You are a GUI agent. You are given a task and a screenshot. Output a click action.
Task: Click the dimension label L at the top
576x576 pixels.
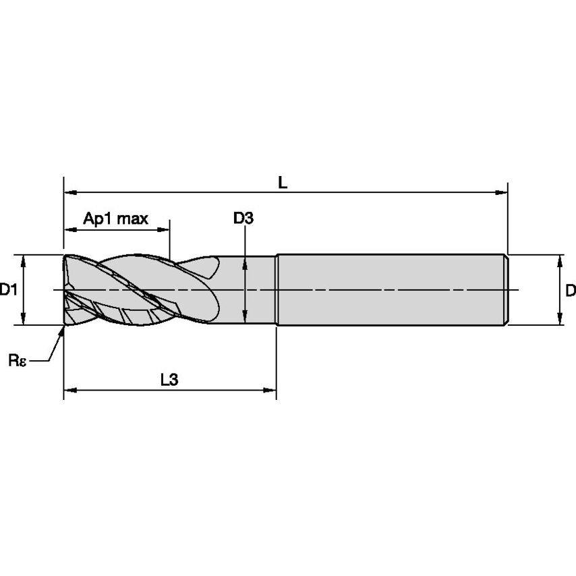pyautogui.click(x=283, y=182)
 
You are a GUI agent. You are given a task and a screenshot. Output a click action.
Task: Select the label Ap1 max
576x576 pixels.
pyautogui.click(x=115, y=219)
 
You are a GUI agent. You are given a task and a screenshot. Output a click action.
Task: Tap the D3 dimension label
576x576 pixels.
pyautogui.click(x=243, y=218)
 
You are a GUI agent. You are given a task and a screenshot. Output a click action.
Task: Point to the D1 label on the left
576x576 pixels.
pyautogui.click(x=8, y=290)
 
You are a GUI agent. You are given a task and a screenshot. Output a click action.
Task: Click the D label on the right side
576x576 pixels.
pyautogui.click(x=570, y=290)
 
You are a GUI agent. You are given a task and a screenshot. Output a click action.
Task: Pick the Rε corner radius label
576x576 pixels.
pyautogui.click(x=18, y=360)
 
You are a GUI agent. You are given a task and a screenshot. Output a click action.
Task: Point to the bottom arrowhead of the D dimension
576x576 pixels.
pyautogui.click(x=559, y=319)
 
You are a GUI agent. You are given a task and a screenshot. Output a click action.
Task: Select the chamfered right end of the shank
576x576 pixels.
pyautogui.click(x=505, y=290)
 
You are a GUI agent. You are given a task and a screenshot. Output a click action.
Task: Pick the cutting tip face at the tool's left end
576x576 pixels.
pyautogui.click(x=67, y=290)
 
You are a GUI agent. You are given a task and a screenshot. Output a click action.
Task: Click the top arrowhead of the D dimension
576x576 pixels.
pyautogui.click(x=559, y=261)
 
